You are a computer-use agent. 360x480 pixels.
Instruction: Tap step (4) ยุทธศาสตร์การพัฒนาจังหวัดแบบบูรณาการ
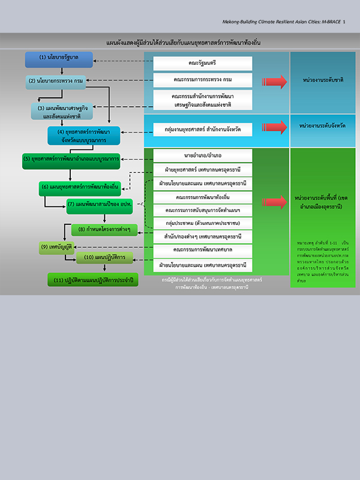83,136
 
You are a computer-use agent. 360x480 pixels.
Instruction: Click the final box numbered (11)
93,280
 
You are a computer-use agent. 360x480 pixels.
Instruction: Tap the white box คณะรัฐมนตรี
202,62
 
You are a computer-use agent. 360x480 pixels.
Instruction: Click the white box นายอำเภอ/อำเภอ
202,155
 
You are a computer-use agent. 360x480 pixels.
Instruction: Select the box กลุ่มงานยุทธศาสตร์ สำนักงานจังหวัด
202,128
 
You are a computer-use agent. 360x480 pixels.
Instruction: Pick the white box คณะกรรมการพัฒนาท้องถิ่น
202,197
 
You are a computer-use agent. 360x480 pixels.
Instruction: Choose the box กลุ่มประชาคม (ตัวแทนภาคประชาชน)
202,223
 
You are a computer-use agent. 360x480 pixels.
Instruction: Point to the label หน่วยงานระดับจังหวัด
323,126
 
